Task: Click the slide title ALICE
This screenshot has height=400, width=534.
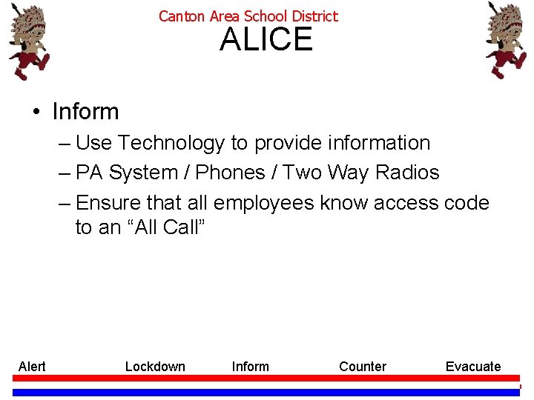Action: tap(266, 39)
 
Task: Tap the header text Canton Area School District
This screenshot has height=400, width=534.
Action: tap(248, 16)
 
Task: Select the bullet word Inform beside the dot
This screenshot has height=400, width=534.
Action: tap(85, 111)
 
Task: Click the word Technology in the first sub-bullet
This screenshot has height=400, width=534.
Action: tap(171, 143)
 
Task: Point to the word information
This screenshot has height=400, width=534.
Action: tap(379, 143)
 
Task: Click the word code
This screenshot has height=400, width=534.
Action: tap(467, 203)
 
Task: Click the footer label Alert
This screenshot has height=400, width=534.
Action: tap(32, 367)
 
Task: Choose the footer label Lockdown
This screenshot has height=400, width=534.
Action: tap(155, 367)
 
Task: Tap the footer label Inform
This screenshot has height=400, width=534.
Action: tap(251, 367)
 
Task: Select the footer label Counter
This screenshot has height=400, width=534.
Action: tap(363, 367)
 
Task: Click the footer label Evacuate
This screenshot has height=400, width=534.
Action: tap(473, 367)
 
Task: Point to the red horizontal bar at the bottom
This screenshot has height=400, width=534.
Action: tap(266, 378)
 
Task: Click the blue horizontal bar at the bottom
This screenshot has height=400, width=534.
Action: tap(266, 392)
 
